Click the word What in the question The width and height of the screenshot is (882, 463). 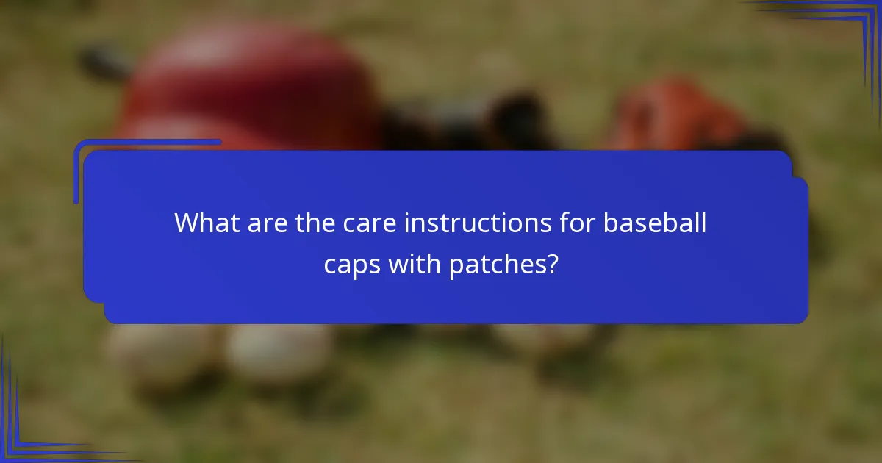point(199,223)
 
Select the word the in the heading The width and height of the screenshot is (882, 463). point(316,223)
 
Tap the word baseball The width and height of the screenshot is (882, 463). point(655,223)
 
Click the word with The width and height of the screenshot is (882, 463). point(415,265)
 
